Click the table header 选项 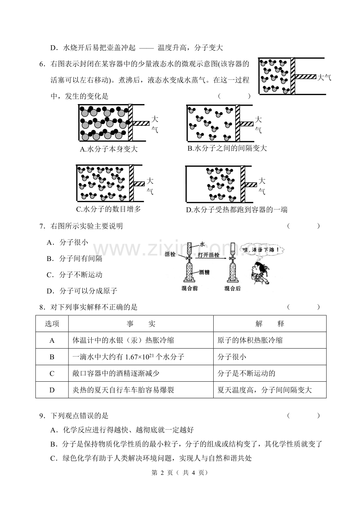[x=52, y=324]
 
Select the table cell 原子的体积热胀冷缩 [x=250, y=340]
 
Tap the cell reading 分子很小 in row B [x=232, y=357]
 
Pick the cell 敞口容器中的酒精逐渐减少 [x=116, y=373]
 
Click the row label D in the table [x=52, y=390]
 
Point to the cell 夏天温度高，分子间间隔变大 [x=264, y=390]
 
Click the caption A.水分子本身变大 [x=109, y=149]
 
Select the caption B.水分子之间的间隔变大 [x=227, y=148]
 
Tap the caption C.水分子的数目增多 [x=108, y=209]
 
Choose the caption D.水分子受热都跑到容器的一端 [x=236, y=210]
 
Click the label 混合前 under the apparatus [x=190, y=289]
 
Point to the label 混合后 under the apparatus [x=233, y=289]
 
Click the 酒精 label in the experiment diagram [x=204, y=272]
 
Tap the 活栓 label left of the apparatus [x=170, y=254]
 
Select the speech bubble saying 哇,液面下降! [x=262, y=250]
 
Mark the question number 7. [x=41, y=226]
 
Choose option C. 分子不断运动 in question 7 [x=74, y=275]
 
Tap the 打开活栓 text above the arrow [x=209, y=255]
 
